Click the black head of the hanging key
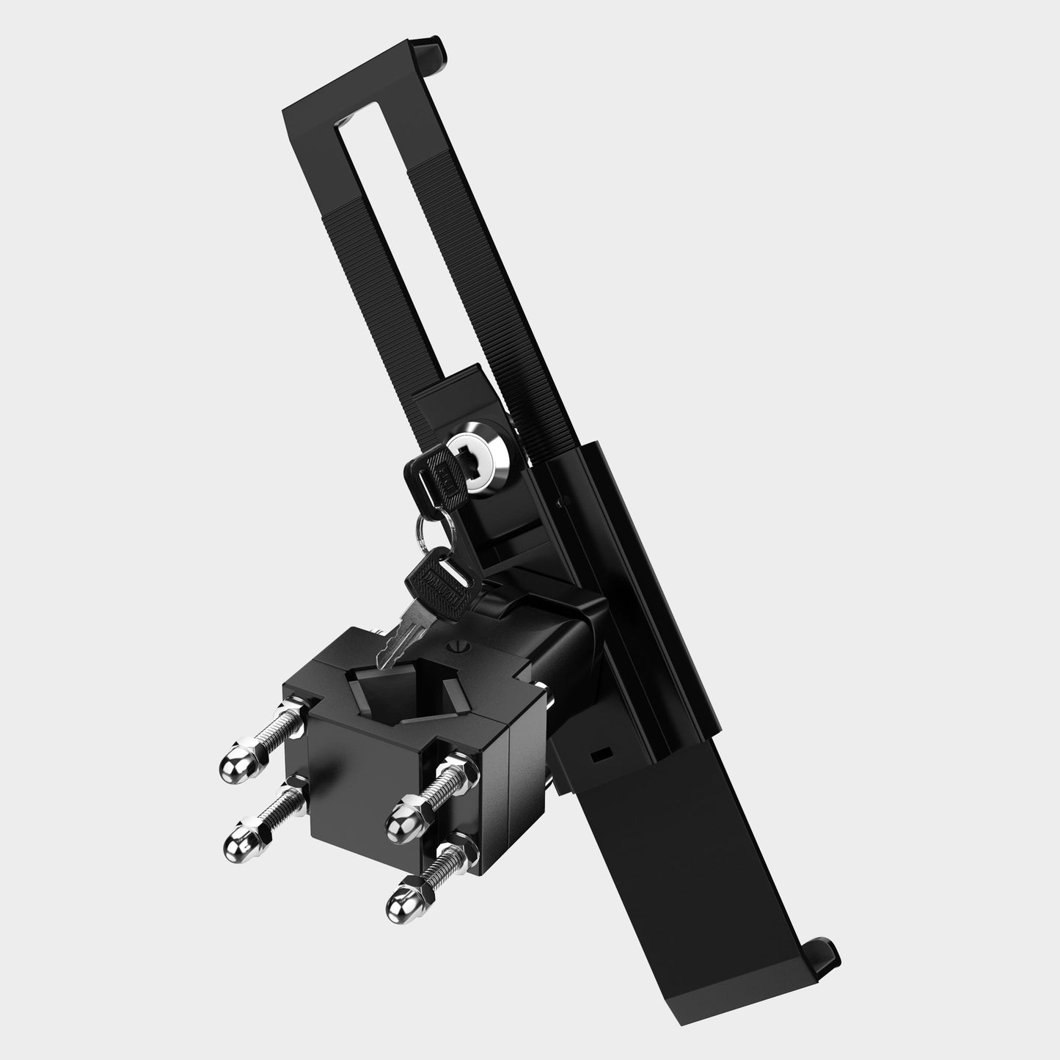pos(437,582)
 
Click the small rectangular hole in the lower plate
pos(602,753)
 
